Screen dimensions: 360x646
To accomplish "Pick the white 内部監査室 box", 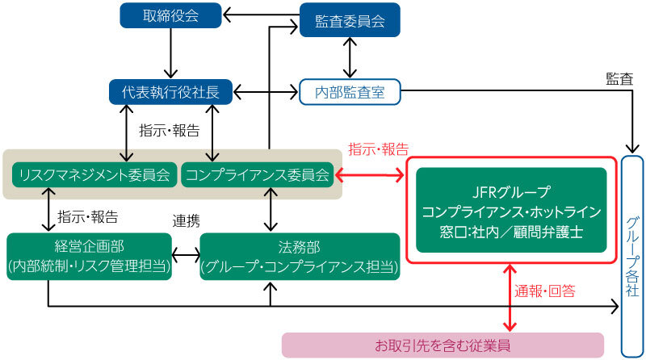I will pos(350,93).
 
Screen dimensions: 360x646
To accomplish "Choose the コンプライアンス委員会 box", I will pos(257,174).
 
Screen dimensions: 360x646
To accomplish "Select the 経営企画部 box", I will pos(89,257).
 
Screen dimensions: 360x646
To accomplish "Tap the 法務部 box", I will pos(300,257).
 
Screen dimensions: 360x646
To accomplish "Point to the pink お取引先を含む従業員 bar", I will pos(443,345).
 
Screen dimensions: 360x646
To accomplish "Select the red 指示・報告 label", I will pos(377,149).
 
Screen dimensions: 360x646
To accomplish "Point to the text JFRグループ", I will pos(510,192).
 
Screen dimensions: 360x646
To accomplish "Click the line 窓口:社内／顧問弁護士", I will pos(510,231).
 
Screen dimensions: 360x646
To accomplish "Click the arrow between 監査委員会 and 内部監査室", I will pos(349,57).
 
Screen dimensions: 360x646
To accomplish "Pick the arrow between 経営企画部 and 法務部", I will pos(187,257).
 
